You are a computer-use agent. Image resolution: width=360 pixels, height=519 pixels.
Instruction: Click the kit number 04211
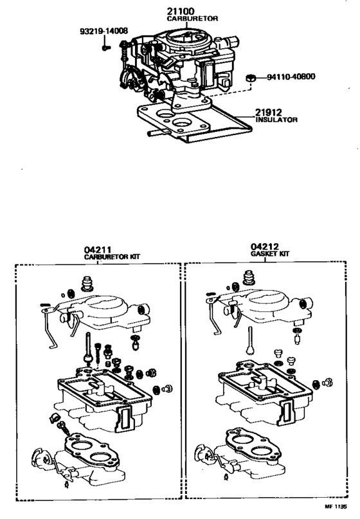tap(97, 249)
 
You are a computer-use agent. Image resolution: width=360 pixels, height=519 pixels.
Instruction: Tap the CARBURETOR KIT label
tap(113, 257)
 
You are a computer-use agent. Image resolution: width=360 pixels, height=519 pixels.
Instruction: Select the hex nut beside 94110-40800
tap(252, 78)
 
